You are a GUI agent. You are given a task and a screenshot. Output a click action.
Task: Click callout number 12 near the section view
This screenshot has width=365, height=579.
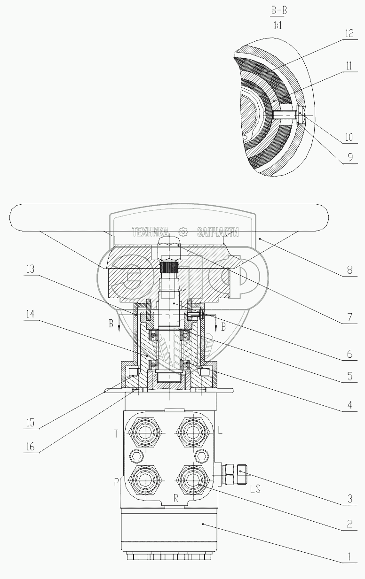pos(349,34)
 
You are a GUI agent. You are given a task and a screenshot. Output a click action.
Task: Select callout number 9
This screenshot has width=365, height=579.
pos(350,157)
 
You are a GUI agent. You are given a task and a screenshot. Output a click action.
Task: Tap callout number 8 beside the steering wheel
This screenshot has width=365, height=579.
pos(350,270)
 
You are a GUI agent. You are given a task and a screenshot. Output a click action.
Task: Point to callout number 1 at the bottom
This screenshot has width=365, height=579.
pos(349,556)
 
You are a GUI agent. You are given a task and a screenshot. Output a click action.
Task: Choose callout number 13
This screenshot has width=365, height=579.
pos(30,269)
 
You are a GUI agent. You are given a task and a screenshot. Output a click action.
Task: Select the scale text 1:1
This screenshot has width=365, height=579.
pos(278,25)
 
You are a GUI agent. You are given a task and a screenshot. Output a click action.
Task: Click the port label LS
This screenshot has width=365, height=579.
pos(255,488)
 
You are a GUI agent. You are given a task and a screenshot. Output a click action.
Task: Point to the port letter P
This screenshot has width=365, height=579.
pos(117,482)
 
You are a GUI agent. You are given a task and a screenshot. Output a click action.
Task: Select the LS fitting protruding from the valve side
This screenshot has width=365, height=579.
pos(234,474)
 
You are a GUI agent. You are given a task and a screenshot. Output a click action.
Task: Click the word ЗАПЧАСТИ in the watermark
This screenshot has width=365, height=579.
pos(218,232)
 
